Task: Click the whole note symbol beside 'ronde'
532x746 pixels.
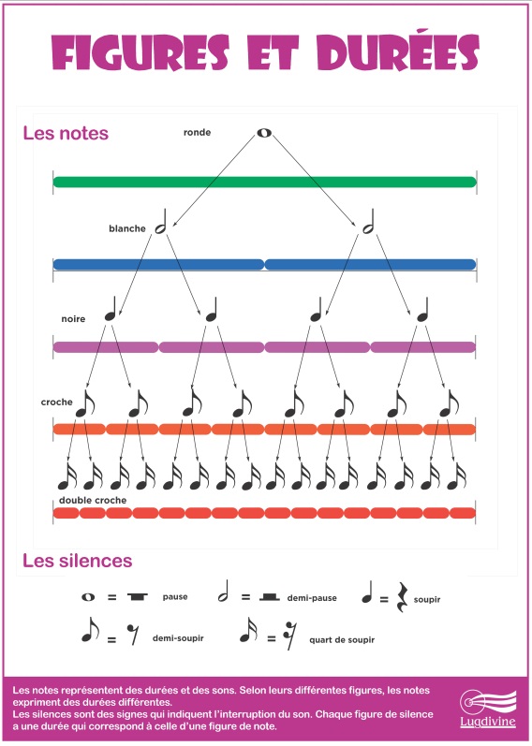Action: pos(264,133)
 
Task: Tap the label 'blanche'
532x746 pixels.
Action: pos(127,228)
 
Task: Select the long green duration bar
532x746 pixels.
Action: pos(265,183)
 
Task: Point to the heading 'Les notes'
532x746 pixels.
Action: pos(66,133)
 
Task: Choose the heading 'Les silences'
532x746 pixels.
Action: pos(78,561)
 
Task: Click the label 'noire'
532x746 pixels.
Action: pos(73,319)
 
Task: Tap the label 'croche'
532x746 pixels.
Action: pos(57,402)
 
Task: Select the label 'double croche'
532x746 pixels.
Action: pos(93,501)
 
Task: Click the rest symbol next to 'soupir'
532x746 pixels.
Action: pos(403,597)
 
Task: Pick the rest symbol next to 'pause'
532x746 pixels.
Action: pos(138,597)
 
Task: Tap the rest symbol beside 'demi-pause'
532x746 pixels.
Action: pos(270,597)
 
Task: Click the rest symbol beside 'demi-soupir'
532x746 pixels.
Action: pos(133,635)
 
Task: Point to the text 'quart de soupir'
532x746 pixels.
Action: pos(342,640)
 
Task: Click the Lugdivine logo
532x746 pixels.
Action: pos(488,709)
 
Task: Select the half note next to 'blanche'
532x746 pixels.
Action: pos(161,222)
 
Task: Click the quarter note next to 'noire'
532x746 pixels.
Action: pos(111,309)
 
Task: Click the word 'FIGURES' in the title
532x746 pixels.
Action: pos(140,52)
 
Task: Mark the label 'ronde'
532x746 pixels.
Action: pos(198,133)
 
